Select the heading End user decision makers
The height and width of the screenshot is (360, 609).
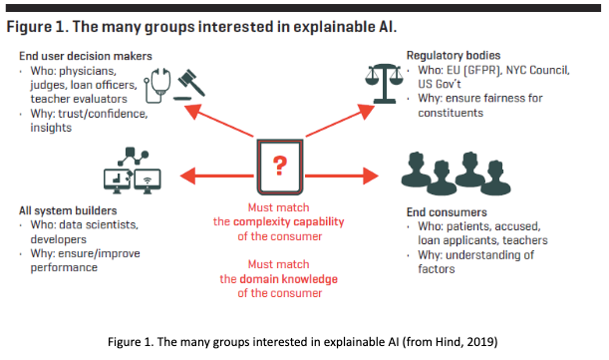(85, 56)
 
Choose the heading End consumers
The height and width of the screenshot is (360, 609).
(448, 211)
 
